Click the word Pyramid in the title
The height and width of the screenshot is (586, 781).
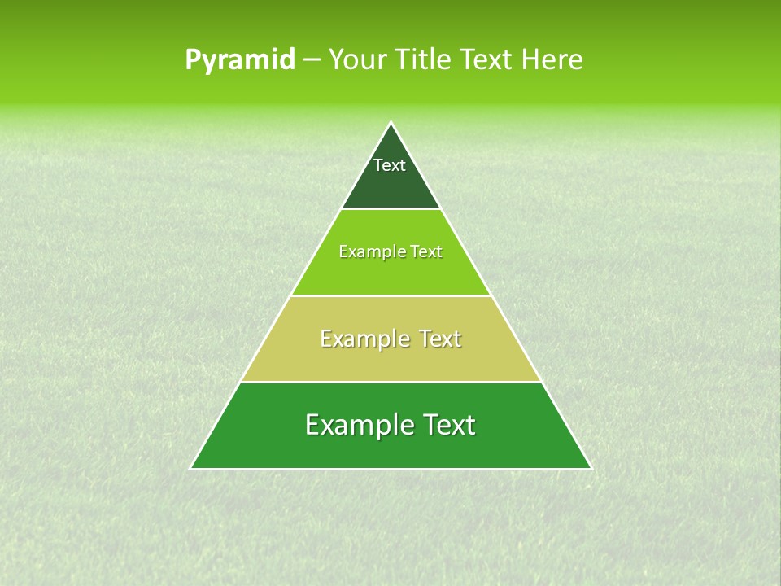click(x=239, y=60)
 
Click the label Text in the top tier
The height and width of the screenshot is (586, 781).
click(x=390, y=165)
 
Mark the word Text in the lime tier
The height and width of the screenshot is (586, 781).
click(x=427, y=252)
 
